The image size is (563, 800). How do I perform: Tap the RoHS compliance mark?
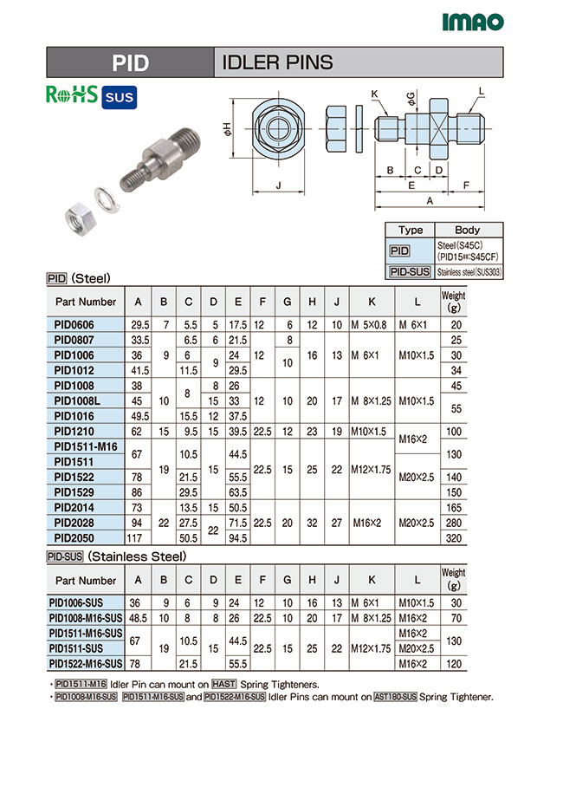(71, 95)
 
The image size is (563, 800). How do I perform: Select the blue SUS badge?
(119, 97)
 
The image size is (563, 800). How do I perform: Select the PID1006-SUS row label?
(85, 602)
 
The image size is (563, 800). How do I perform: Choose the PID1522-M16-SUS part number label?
(85, 663)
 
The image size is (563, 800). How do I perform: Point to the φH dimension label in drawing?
(228, 132)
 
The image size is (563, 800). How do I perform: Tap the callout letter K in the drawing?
(374, 93)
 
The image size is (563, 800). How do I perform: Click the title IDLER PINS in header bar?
(277, 62)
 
